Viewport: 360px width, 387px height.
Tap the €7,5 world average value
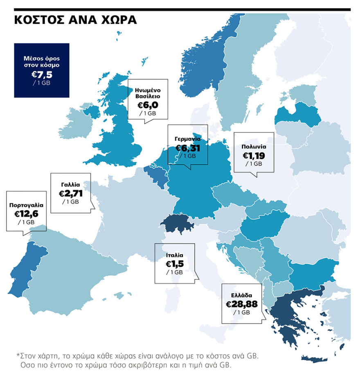point(42,74)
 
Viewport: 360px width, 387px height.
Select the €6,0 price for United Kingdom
point(148,105)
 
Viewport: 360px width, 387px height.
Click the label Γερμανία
point(187,139)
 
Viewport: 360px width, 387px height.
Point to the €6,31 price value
point(188,148)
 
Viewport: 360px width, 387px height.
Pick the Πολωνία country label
point(254,147)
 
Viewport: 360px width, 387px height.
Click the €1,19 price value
point(254,156)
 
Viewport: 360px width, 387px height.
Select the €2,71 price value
point(71,193)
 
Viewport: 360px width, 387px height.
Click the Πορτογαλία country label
point(26,205)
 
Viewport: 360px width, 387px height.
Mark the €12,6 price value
point(26,214)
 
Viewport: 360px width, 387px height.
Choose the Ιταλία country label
point(174,255)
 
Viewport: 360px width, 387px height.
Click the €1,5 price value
point(174,264)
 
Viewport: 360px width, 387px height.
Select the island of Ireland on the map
point(78,123)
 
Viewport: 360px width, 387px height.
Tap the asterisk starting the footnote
point(18,355)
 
